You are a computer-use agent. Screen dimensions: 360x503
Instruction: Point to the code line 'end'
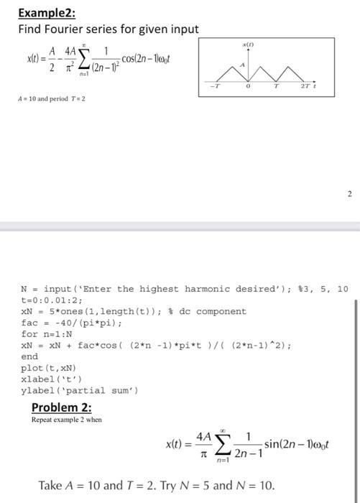click(x=29, y=356)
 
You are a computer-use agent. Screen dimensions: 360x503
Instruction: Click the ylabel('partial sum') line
click(x=79, y=390)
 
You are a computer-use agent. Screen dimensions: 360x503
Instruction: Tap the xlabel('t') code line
click(x=52, y=379)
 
